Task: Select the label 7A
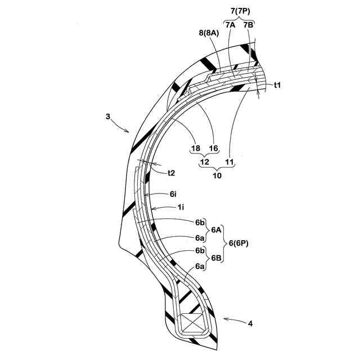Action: pyautogui.click(x=230, y=25)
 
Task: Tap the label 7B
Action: pyautogui.click(x=249, y=25)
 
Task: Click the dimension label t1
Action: pyautogui.click(x=277, y=85)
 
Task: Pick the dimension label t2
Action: pyautogui.click(x=175, y=173)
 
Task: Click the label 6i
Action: pyautogui.click(x=174, y=193)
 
